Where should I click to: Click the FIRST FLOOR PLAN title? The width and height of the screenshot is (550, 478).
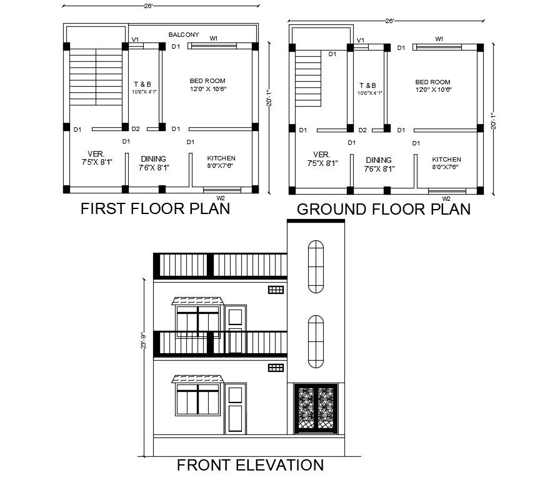tap(155, 208)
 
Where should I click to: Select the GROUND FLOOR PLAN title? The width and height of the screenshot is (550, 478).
tap(384, 209)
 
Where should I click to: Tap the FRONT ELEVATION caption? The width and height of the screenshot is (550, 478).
tap(250, 465)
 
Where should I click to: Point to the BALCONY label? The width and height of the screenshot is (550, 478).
tap(184, 35)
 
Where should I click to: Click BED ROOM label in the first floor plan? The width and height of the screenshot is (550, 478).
tap(207, 81)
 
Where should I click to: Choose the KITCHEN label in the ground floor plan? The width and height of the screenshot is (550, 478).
tap(446, 160)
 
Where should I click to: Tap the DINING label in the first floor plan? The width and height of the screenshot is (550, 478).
tap(153, 159)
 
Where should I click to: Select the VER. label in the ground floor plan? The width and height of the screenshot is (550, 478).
tap(321, 154)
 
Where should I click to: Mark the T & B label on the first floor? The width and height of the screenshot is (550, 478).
tap(142, 84)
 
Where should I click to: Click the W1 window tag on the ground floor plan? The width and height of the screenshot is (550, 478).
tap(439, 39)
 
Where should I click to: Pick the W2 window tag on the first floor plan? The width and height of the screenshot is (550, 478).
tap(220, 198)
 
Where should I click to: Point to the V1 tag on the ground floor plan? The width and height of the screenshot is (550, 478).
tap(361, 41)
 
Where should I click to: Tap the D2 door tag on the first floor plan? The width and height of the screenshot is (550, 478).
tap(136, 129)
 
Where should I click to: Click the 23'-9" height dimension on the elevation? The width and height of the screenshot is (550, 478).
tap(144, 340)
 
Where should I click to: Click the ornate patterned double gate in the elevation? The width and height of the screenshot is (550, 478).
tap(316, 409)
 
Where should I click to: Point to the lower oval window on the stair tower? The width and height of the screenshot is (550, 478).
tap(316, 341)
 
